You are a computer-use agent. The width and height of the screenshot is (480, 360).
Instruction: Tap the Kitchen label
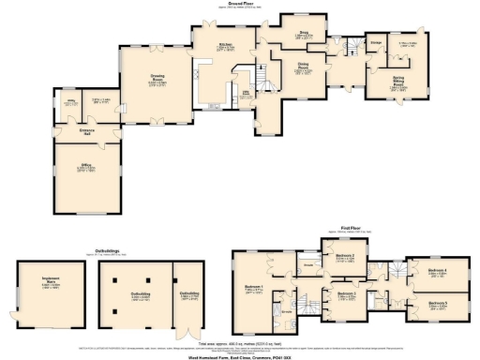(225, 45)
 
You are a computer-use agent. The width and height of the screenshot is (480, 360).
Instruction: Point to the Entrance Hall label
(86, 129)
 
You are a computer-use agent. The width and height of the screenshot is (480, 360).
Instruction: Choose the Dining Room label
(304, 68)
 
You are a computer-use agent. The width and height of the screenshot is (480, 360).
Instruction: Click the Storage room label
(375, 43)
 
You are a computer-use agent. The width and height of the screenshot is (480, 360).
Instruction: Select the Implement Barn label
(50, 281)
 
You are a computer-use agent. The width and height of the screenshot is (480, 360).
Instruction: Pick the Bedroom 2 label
(345, 256)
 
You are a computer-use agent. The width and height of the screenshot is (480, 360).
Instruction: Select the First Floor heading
(351, 226)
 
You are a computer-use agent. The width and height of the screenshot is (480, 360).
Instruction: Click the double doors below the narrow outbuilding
(190, 334)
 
